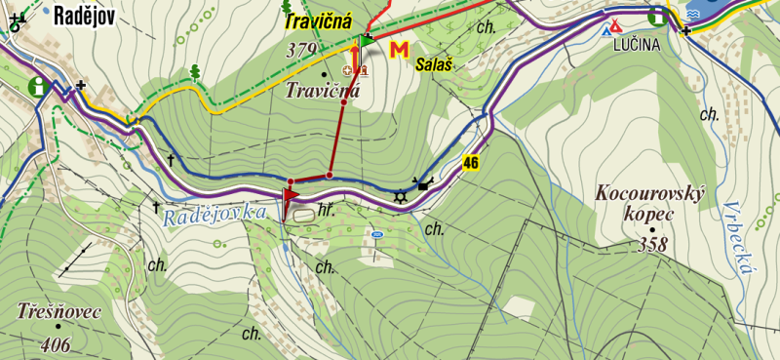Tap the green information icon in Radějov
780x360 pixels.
[39, 87]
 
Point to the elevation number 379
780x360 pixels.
[303, 50]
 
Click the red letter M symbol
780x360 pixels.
[398, 51]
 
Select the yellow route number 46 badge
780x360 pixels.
[473, 162]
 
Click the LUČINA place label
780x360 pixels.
[636, 45]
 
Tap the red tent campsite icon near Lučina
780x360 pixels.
[615, 27]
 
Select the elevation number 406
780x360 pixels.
[58, 343]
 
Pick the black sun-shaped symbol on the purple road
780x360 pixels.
[399, 198]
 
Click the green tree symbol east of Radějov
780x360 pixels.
[195, 71]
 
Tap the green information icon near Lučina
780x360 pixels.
[660, 15]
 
